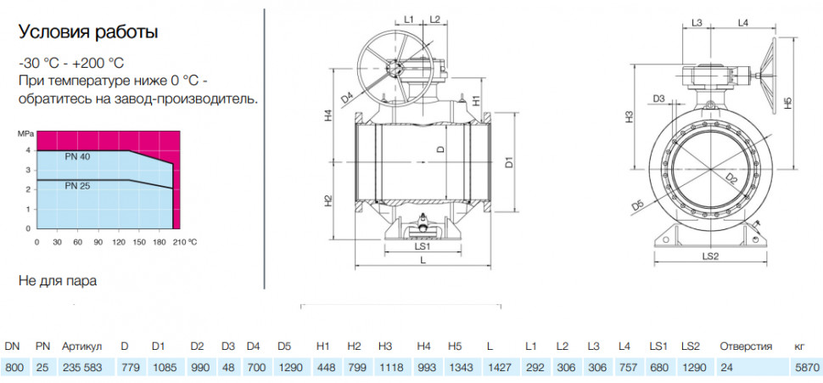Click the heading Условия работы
pyautogui.click(x=88, y=32)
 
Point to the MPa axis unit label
pyautogui.click(x=26, y=134)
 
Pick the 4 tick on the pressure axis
pyautogui.click(x=29, y=151)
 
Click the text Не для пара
pyautogui.click(x=58, y=280)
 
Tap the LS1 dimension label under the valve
pyautogui.click(x=423, y=245)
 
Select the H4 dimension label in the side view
pyautogui.click(x=328, y=115)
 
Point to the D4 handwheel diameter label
pyautogui.click(x=347, y=97)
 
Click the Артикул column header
pyautogui.click(x=82, y=346)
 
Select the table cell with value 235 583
pyautogui.click(x=82, y=367)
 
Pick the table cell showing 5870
pyautogui.click(x=804, y=367)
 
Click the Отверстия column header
pyautogui.click(x=746, y=346)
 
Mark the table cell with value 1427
pyautogui.click(x=498, y=367)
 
